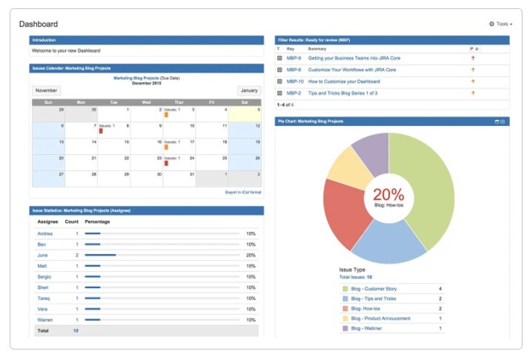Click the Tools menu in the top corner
point(501,24)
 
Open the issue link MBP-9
point(294,57)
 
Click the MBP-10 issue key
point(295,81)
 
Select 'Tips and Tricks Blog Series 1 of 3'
point(342,93)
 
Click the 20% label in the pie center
point(388,195)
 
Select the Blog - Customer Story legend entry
point(379,288)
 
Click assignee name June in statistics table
point(43,255)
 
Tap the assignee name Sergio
point(45,276)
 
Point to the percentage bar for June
point(100,255)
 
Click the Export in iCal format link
point(243,193)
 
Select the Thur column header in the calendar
point(179,102)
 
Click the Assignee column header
point(48,221)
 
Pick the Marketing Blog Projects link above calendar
point(136,78)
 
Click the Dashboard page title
point(39,24)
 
